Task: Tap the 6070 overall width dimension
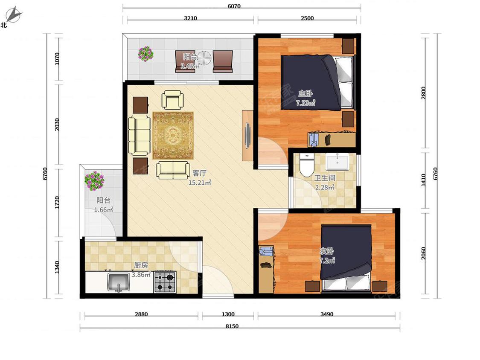click(x=234, y=6)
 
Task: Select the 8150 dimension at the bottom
click(x=232, y=326)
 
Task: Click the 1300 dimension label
click(x=228, y=314)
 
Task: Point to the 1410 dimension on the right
click(x=423, y=180)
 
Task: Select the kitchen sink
click(x=119, y=282)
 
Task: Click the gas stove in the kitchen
click(x=165, y=282)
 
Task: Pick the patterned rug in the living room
click(x=173, y=135)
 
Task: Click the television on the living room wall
click(x=247, y=135)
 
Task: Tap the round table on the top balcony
click(x=204, y=58)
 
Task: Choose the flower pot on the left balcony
click(x=95, y=181)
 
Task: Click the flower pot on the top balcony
click(x=146, y=54)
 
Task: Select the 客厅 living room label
click(x=199, y=173)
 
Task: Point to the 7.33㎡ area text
click(x=305, y=103)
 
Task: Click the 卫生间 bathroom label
click(x=325, y=178)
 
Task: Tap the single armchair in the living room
click(x=173, y=100)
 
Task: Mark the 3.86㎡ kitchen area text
click(x=141, y=275)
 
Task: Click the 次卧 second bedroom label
click(x=327, y=251)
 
